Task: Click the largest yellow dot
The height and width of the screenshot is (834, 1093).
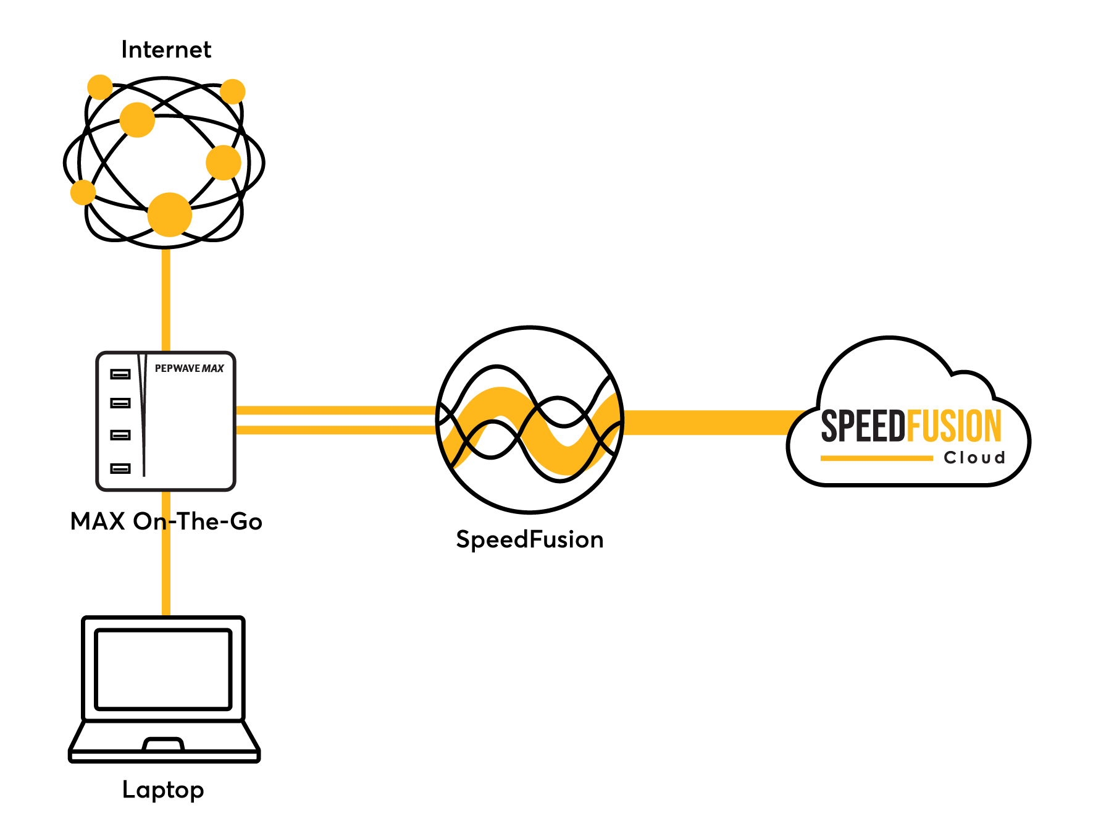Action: [169, 214]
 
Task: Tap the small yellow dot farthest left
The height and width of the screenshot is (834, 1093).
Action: [83, 192]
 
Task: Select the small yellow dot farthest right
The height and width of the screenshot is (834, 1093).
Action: [233, 91]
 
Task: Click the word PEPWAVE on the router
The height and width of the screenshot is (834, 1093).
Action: [177, 368]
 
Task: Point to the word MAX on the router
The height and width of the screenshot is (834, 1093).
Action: [213, 369]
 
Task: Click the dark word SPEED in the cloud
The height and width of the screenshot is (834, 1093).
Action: [863, 426]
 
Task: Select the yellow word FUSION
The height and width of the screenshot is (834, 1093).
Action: [954, 426]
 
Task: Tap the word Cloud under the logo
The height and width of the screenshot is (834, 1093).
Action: [974, 458]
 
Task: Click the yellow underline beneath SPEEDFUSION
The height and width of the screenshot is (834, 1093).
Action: [876, 458]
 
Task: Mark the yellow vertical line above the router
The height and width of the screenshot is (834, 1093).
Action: [165, 300]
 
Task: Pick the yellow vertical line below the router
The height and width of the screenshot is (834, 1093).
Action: [166, 556]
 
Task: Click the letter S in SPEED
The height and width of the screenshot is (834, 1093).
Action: [829, 426]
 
